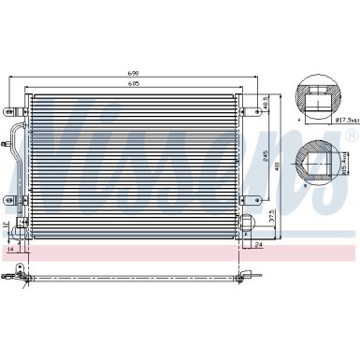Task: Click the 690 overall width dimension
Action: (137, 73)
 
